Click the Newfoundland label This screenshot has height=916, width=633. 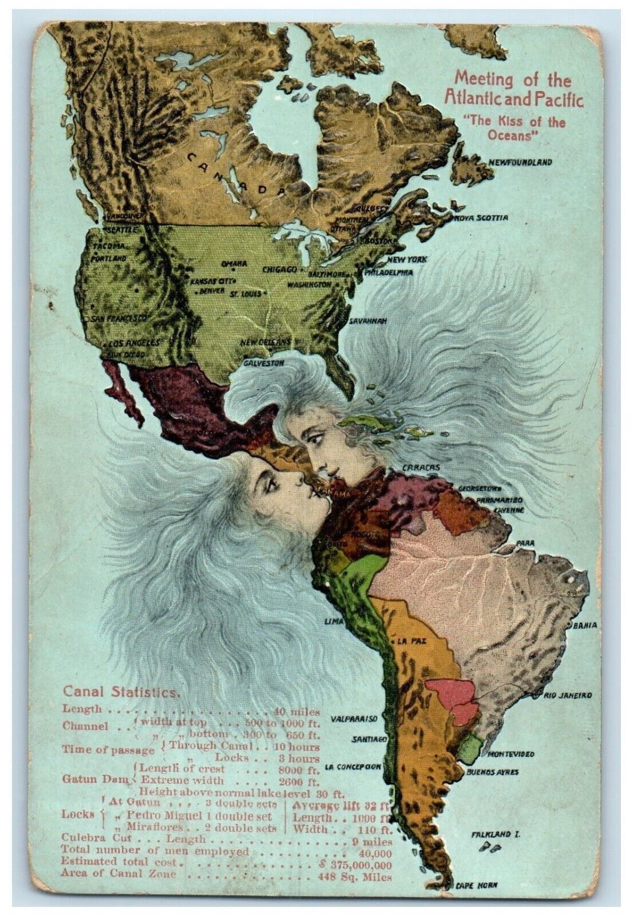[x=520, y=163]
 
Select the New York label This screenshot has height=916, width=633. [x=407, y=259]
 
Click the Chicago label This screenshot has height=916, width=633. [x=279, y=269]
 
